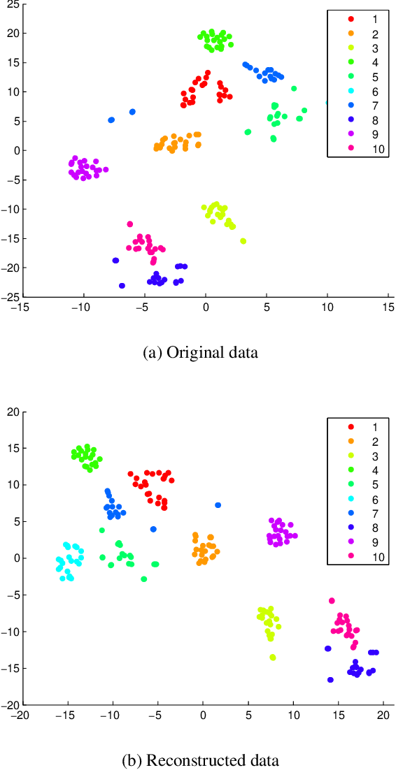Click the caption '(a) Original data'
pyautogui.click(x=200, y=353)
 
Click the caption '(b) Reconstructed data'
pyautogui.click(x=200, y=760)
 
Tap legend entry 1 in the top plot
pyautogui.click(x=363, y=18)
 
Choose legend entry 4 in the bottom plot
pyautogui.click(x=363, y=480)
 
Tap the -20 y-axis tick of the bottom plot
pyautogui.click(x=12, y=705)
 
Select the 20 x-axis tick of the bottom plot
pyautogui.click(x=383, y=715)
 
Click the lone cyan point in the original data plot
pyautogui.click(x=327, y=103)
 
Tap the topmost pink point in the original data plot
pyautogui.click(x=130, y=224)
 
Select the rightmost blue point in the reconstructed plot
pyautogui.click(x=218, y=505)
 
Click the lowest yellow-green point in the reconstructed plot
pyautogui.click(x=273, y=658)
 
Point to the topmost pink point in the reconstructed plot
pyautogui.click(x=332, y=601)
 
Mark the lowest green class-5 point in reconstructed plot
pyautogui.click(x=144, y=579)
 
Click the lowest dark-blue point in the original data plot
pyautogui.click(x=122, y=286)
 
